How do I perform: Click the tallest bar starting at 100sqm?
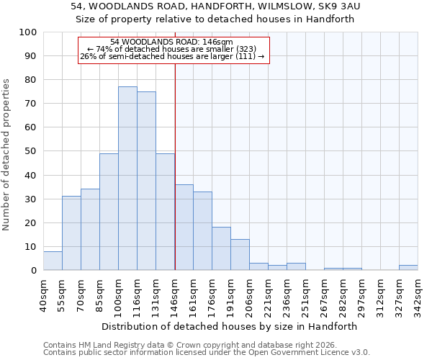coord(127,179)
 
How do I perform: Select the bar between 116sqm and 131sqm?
coord(146,181)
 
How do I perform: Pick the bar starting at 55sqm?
coord(71,233)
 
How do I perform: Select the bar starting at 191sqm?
coord(240,255)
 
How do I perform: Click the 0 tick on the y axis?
coord(34,271)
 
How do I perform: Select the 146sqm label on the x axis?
coord(175,294)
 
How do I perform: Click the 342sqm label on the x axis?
coord(418,294)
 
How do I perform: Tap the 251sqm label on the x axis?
coord(305,294)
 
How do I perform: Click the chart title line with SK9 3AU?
coord(216,6)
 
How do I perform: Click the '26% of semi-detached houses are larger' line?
coord(172,57)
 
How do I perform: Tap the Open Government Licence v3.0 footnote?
coord(207,353)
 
